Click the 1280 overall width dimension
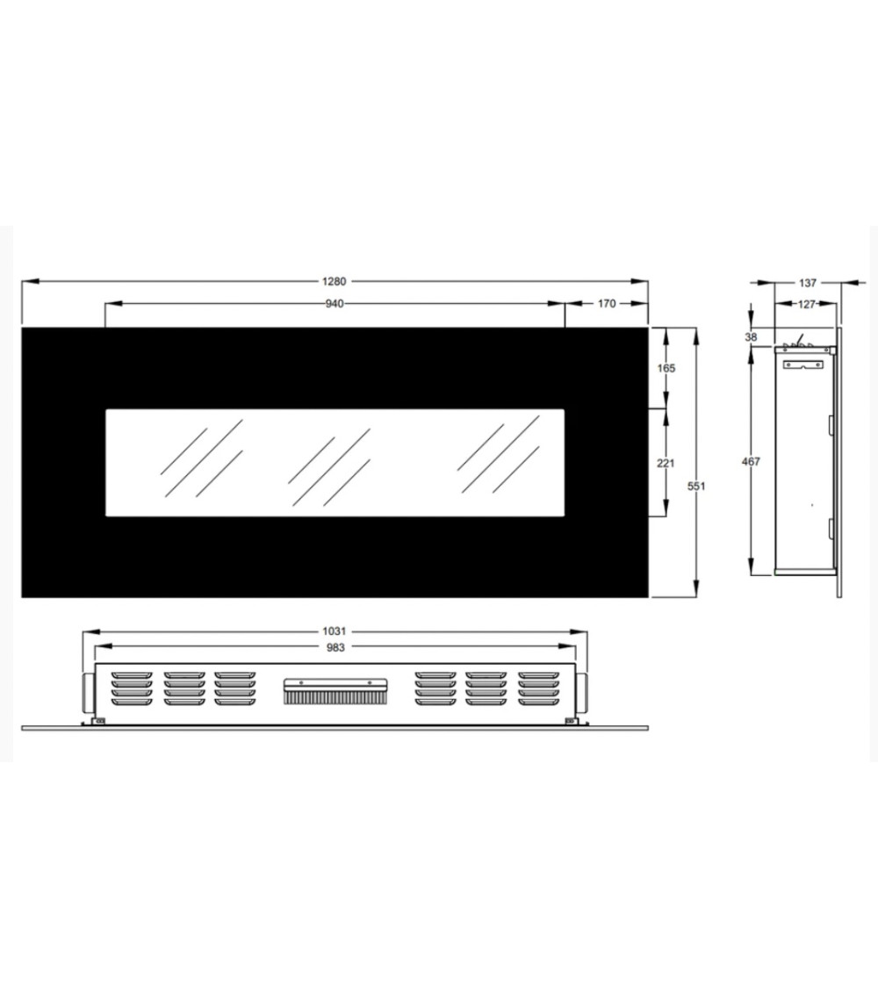point(334,282)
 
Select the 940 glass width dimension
point(335,304)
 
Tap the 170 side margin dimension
point(607,304)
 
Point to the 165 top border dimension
point(666,368)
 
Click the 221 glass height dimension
point(666,463)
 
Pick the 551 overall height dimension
point(696,486)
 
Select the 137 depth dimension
point(808,283)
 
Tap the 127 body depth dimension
point(807,305)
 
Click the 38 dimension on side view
point(751,337)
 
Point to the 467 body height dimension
point(751,462)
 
